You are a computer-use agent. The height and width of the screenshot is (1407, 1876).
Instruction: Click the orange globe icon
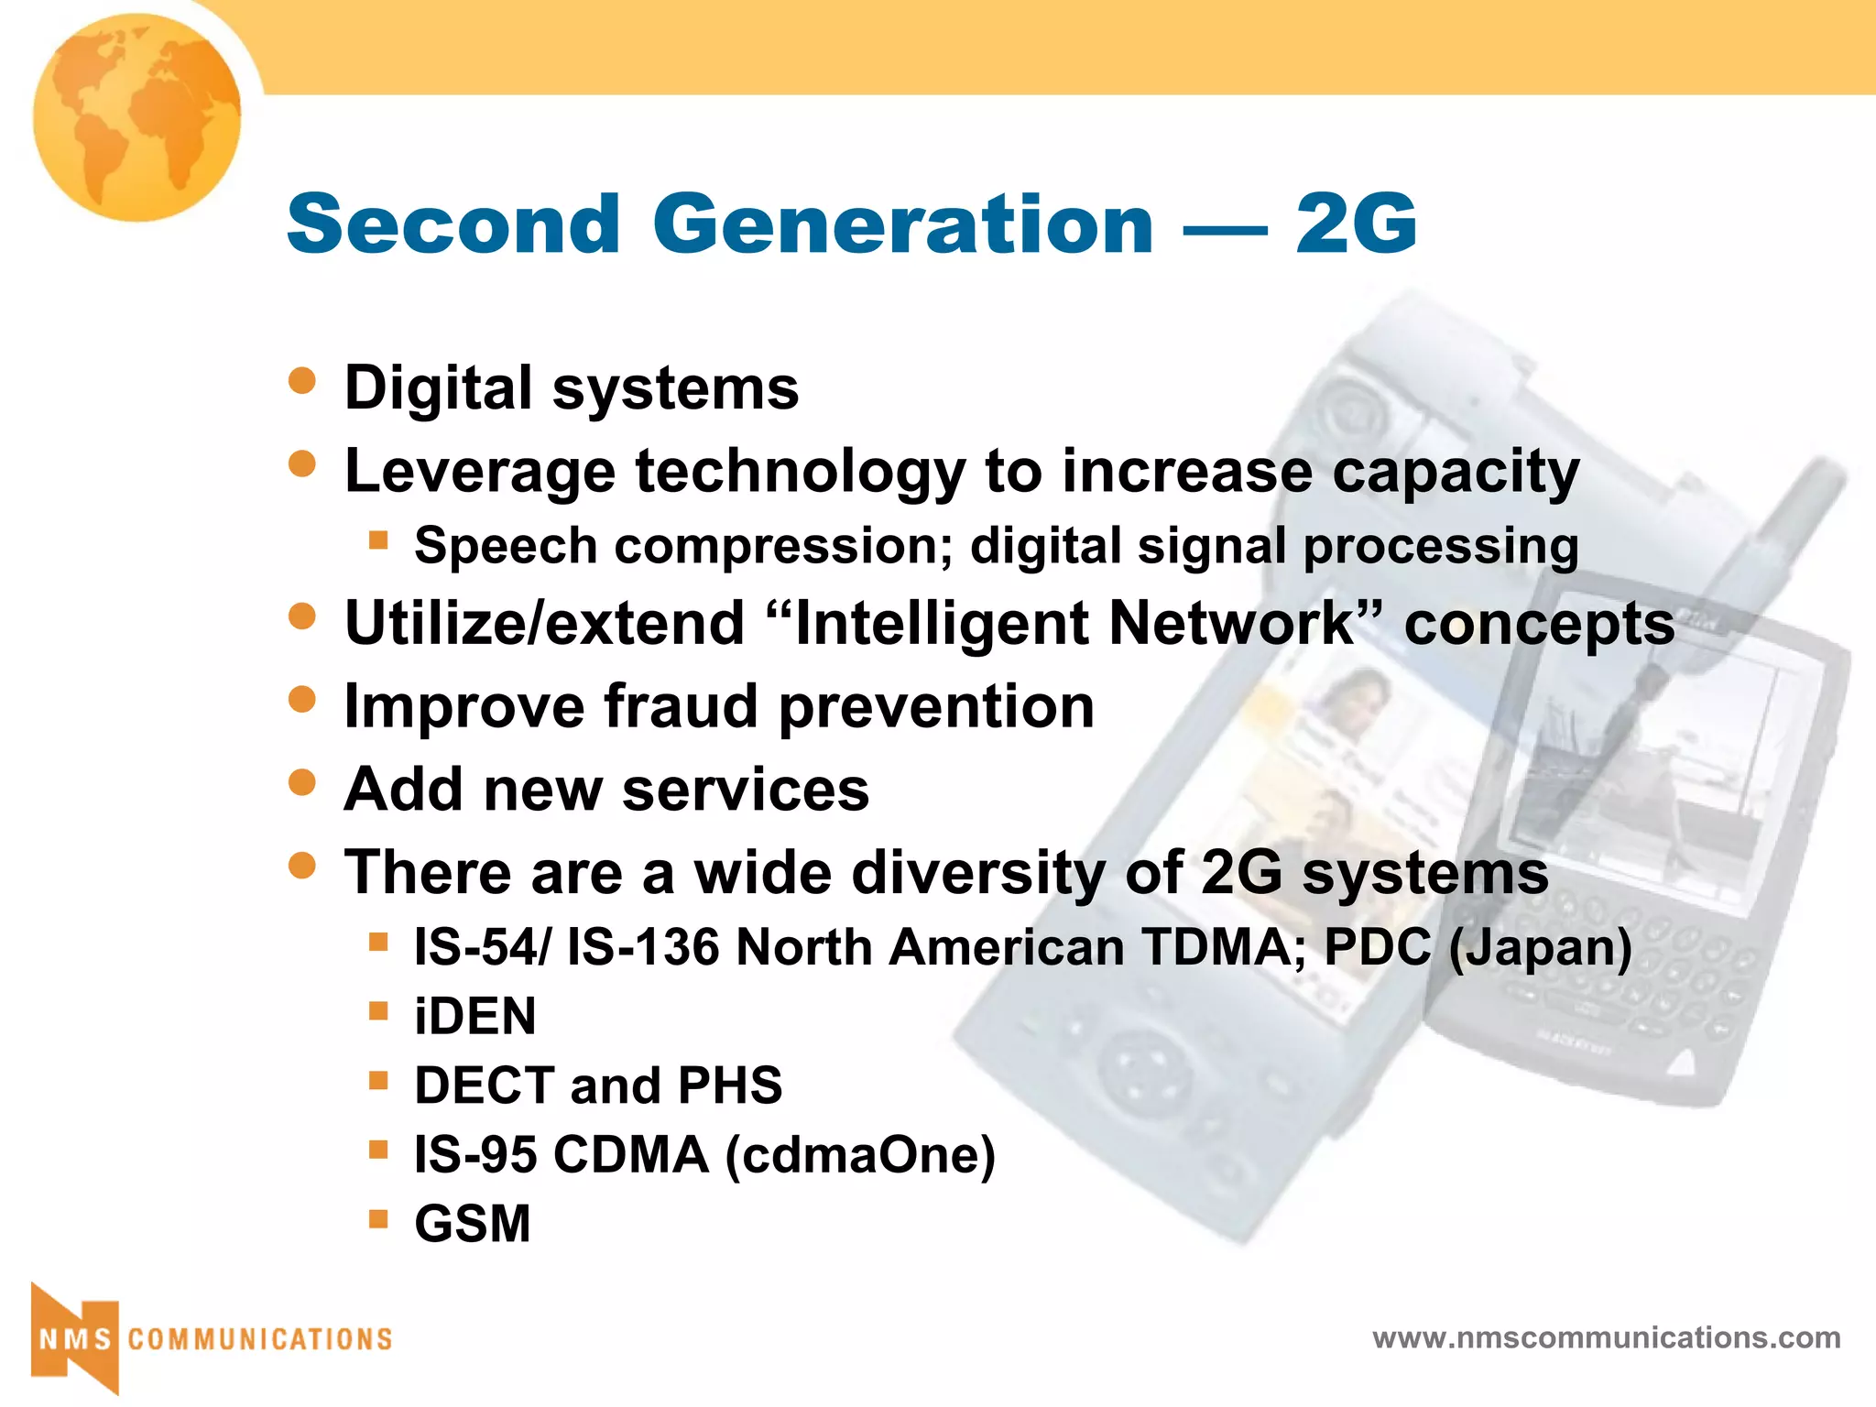(x=136, y=117)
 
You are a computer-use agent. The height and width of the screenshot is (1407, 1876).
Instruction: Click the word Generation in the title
(x=902, y=224)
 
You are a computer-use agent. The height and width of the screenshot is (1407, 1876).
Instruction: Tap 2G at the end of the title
(x=1356, y=224)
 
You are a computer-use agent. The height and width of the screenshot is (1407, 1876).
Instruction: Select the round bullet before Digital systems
(x=301, y=380)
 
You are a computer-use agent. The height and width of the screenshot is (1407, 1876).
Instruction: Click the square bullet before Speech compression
(x=378, y=540)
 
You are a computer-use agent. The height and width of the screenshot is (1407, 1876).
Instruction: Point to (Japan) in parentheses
(x=1540, y=947)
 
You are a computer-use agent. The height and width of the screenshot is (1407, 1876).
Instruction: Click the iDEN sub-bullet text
(x=474, y=1017)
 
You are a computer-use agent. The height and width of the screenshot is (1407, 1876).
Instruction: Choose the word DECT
(x=485, y=1085)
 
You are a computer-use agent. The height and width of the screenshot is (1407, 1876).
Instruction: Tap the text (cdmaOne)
(x=860, y=1155)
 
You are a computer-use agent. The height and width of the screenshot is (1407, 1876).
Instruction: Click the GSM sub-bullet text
(x=473, y=1224)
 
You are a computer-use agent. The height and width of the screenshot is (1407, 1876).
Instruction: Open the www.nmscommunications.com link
(x=1606, y=1337)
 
